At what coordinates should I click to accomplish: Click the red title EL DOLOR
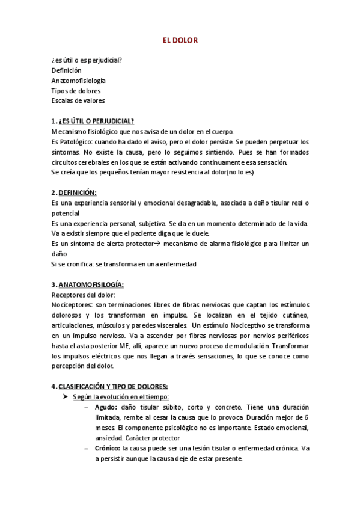pos(180,40)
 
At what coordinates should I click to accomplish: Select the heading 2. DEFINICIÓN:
pos(74,192)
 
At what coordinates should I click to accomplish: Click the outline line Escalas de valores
pos(78,100)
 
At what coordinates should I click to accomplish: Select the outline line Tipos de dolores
pos(75,90)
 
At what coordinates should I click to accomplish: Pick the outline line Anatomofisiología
pos(79,80)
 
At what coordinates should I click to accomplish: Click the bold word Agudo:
pos(106,407)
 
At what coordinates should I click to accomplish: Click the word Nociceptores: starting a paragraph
pos(71,305)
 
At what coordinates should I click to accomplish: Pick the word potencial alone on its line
pos(66,214)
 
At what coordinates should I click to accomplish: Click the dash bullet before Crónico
pos(88,448)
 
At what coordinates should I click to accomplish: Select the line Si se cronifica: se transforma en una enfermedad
pos(124,265)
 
